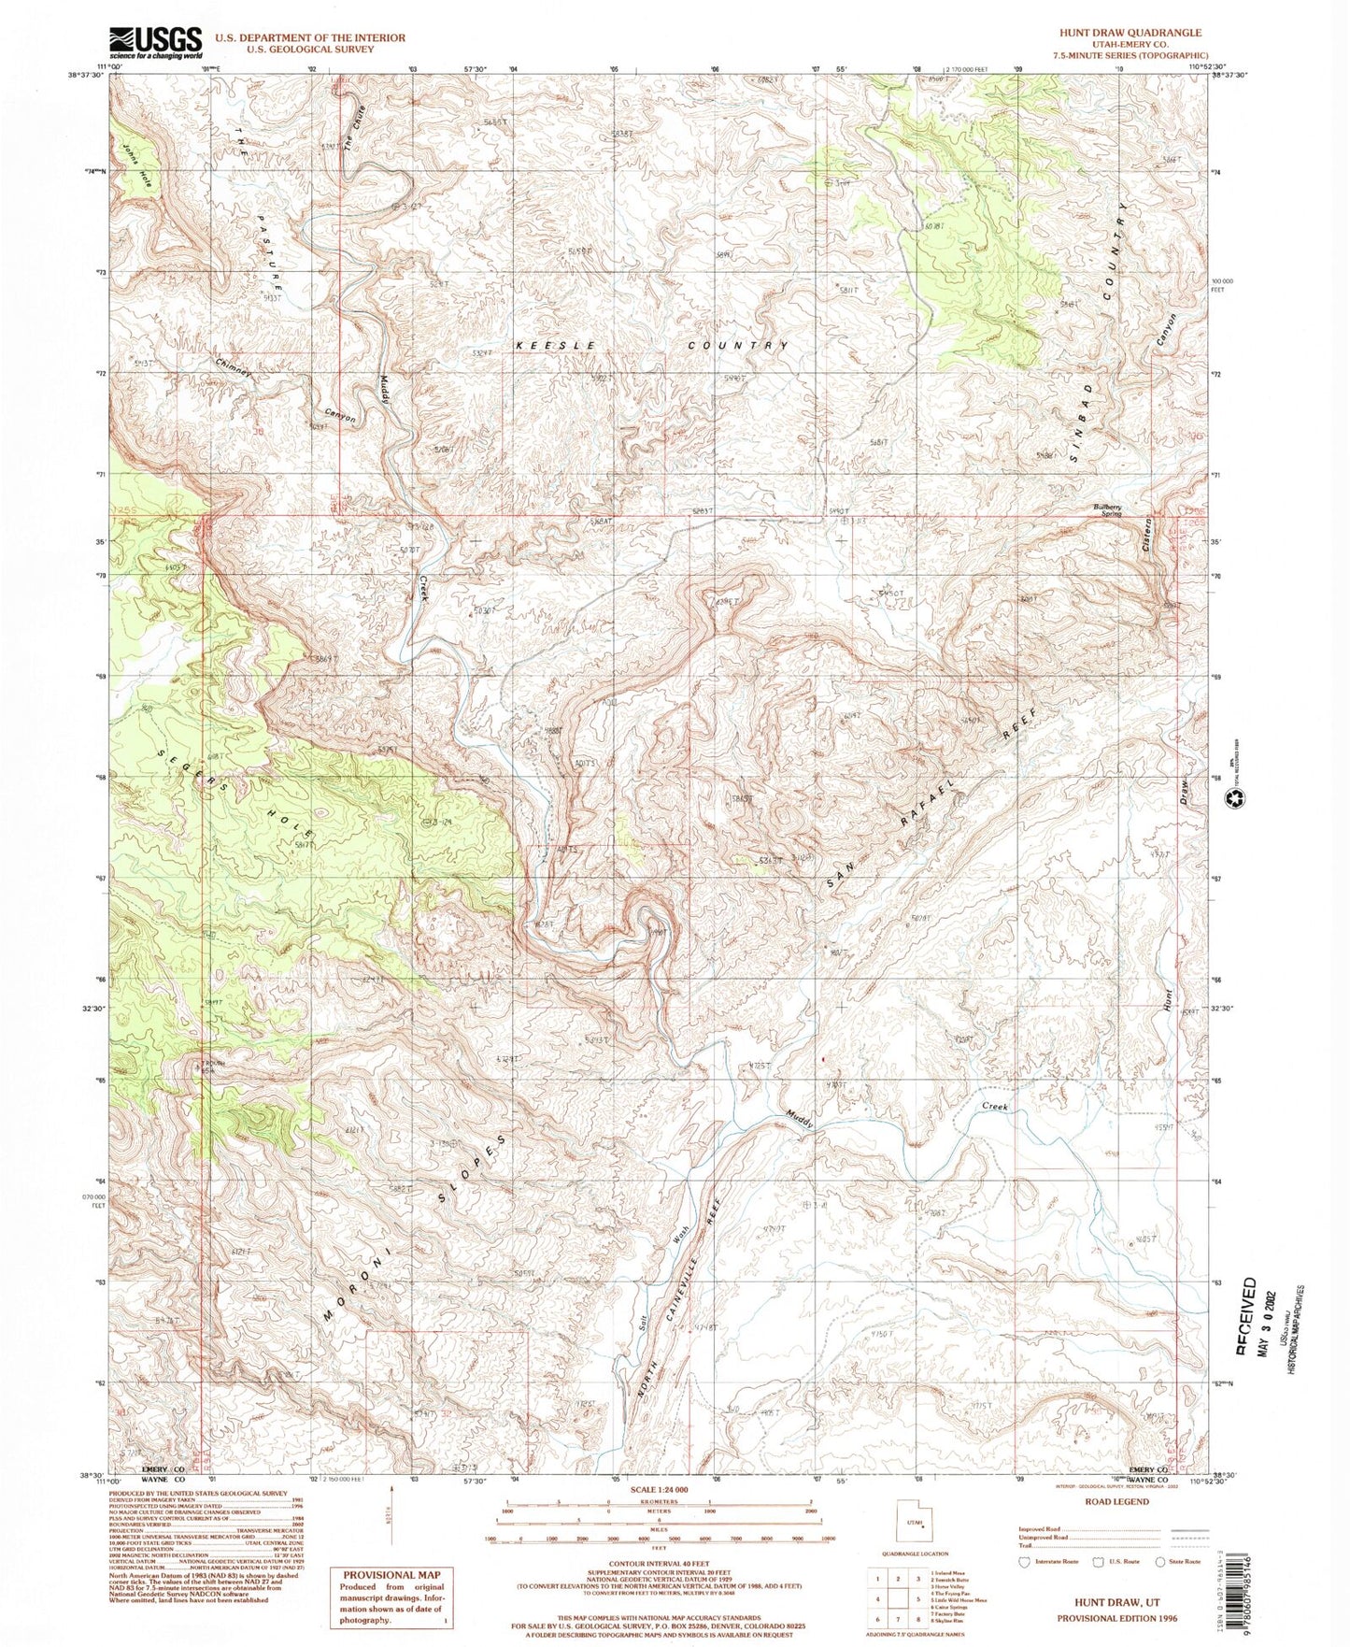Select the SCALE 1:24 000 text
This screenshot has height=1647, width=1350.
[659, 1488]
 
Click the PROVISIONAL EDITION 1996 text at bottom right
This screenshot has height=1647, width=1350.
[1116, 1618]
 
